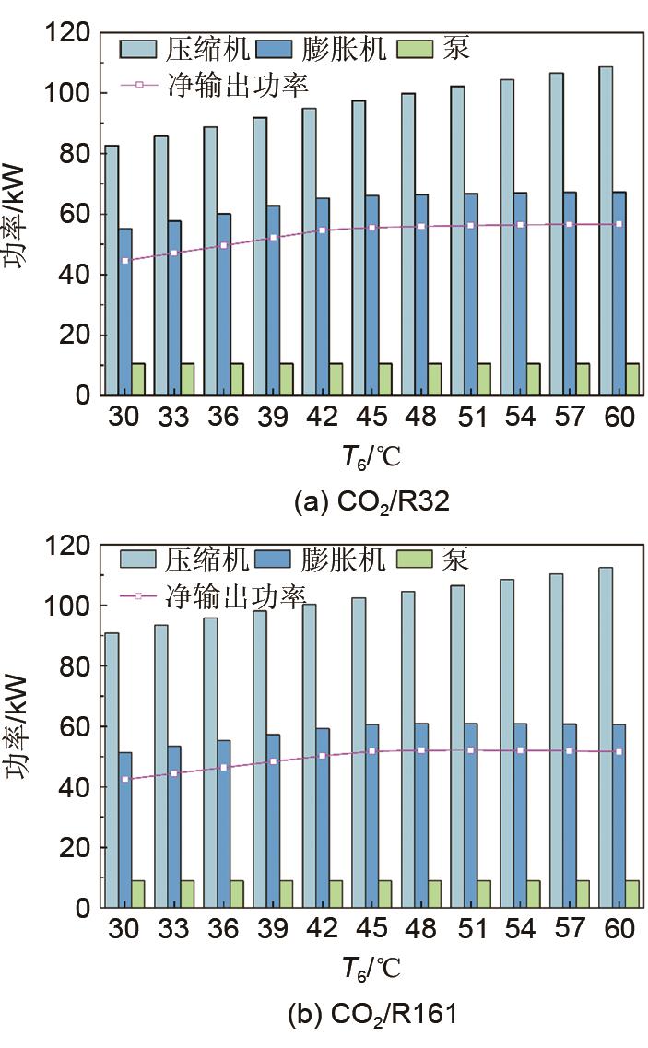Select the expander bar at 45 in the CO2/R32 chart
372,295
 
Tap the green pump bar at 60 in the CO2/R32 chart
632,379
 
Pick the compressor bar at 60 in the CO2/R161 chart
607,736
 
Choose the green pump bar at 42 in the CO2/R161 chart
336,893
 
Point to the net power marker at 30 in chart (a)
124,261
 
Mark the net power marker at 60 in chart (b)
619,751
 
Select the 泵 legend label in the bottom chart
454,559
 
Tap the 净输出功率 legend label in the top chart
237,85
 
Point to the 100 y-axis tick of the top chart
71,94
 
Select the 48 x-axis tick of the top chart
421,418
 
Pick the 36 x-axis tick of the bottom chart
223,929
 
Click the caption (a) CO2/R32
371,503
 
